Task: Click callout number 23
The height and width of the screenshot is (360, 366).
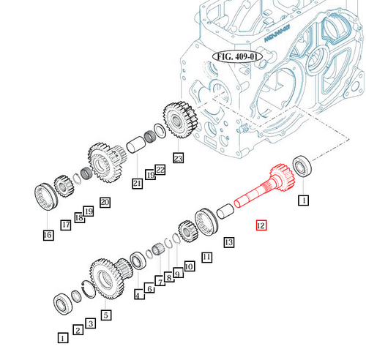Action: (x=177, y=157)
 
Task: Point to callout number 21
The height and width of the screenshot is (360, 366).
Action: (x=137, y=183)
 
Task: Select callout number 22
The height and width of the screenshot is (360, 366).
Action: (x=160, y=170)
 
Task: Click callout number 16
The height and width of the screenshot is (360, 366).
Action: (x=48, y=235)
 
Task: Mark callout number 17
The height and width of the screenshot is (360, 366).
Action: (x=66, y=225)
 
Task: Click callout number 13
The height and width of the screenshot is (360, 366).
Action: (x=228, y=241)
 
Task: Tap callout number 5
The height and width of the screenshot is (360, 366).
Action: (x=105, y=315)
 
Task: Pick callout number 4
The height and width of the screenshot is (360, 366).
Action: (x=138, y=295)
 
